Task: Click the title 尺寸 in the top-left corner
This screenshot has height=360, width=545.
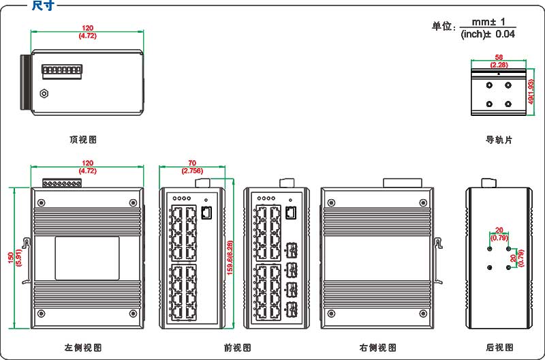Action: pyautogui.click(x=42, y=6)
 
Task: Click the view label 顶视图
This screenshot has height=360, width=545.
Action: pyautogui.click(x=83, y=140)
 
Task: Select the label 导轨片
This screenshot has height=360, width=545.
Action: pyautogui.click(x=499, y=140)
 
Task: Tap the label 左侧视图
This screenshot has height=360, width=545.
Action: pyautogui.click(x=83, y=348)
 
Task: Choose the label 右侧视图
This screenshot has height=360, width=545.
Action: pyautogui.click(x=378, y=348)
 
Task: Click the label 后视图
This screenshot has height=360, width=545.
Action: pyautogui.click(x=499, y=348)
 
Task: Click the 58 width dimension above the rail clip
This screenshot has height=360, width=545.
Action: pyautogui.click(x=499, y=58)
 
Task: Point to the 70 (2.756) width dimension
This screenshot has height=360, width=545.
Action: pyautogui.click(x=193, y=167)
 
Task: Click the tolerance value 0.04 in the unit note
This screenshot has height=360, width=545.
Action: pyautogui.click(x=505, y=33)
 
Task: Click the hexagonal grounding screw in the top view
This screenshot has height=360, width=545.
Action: pyautogui.click(x=45, y=94)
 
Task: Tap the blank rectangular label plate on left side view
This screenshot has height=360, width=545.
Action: pyautogui.click(x=87, y=257)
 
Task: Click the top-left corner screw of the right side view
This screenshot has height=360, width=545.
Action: pyautogui.click(x=332, y=202)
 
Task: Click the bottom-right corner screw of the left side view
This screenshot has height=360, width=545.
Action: pyautogui.click(x=132, y=314)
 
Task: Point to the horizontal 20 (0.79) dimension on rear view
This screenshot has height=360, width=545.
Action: pyautogui.click(x=499, y=234)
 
